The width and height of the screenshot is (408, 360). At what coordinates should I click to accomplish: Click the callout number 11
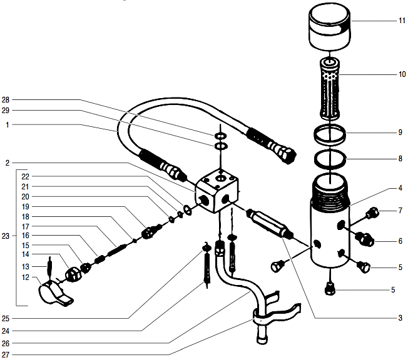(x=401, y=21)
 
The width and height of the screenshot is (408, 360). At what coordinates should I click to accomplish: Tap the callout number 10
(x=401, y=74)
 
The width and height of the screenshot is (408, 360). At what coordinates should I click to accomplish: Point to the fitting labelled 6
(x=364, y=238)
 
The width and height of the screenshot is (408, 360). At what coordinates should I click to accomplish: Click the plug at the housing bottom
(x=331, y=288)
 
